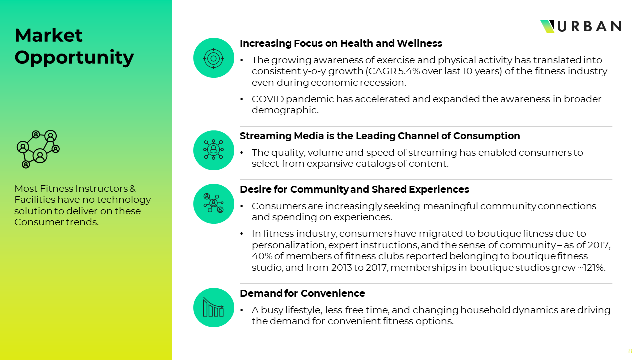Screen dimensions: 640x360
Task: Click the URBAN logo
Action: (581, 27)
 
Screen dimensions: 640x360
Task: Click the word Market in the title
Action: (48, 35)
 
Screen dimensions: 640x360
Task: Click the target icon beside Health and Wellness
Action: (213, 58)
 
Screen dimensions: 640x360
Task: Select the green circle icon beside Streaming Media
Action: (213, 150)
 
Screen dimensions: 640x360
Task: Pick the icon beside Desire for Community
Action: (213, 203)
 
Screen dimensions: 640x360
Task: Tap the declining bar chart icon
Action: (213, 307)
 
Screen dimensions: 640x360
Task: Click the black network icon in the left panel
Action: (38, 149)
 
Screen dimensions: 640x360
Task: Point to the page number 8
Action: (630, 351)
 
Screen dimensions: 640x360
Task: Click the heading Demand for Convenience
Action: (302, 293)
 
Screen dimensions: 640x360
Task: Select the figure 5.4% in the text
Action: (409, 71)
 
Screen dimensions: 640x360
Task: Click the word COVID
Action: (268, 99)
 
